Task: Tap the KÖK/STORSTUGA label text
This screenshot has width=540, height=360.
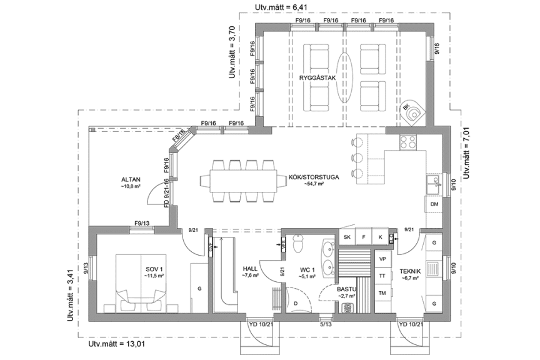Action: pyautogui.click(x=314, y=177)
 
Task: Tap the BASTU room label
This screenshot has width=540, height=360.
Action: pyautogui.click(x=346, y=289)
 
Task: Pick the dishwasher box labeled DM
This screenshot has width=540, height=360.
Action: pyautogui.click(x=434, y=204)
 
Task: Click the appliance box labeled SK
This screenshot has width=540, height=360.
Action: pyautogui.click(x=347, y=237)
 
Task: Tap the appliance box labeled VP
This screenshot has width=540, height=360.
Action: pyautogui.click(x=382, y=259)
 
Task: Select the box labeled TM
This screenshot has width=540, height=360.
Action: pyautogui.click(x=382, y=293)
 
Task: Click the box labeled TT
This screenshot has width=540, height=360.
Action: pyautogui.click(x=382, y=276)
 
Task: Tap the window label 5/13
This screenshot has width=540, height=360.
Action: pyautogui.click(x=326, y=324)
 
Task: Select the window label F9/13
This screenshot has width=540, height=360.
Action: pyautogui.click(x=142, y=224)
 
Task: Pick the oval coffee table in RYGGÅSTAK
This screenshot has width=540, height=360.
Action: pyautogui.click(x=344, y=75)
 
